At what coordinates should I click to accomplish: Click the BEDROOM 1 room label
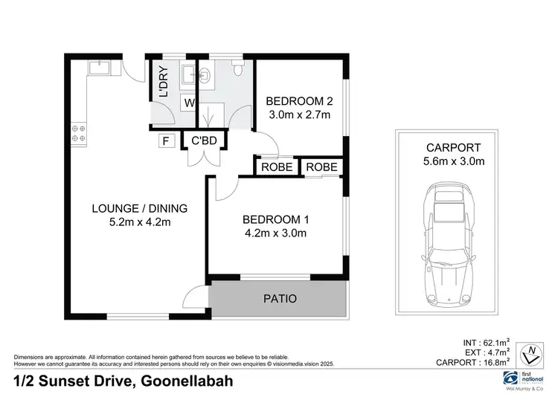pyautogui.click(x=275, y=219)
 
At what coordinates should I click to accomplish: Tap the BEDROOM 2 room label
pyautogui.click(x=299, y=102)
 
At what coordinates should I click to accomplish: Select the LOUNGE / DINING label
pyautogui.click(x=129, y=208)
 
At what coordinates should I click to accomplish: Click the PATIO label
pyautogui.click(x=280, y=299)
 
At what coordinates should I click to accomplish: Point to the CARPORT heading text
pyautogui.click(x=454, y=147)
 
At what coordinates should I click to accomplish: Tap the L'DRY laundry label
pyautogui.click(x=164, y=83)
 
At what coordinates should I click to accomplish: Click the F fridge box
pyautogui.click(x=165, y=139)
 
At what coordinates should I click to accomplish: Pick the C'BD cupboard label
pyautogui.click(x=204, y=139)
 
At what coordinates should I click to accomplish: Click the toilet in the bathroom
pyautogui.click(x=237, y=70)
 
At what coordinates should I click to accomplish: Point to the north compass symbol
pyautogui.click(x=530, y=353)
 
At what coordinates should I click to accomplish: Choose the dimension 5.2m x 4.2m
pyautogui.click(x=129, y=222)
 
